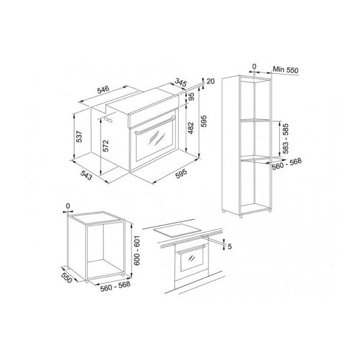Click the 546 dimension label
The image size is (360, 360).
[x=103, y=90]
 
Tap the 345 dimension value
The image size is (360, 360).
[x=181, y=83]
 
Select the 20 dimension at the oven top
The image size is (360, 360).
[x=211, y=81]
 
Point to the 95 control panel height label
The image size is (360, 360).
[x=191, y=97]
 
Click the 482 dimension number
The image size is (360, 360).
[x=191, y=128]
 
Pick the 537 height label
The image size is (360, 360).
[x=79, y=136]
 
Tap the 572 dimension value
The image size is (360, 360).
[x=105, y=146]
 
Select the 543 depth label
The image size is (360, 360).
[x=87, y=175]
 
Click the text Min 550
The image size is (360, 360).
[x=285, y=70]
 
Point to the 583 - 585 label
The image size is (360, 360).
[x=285, y=139]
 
